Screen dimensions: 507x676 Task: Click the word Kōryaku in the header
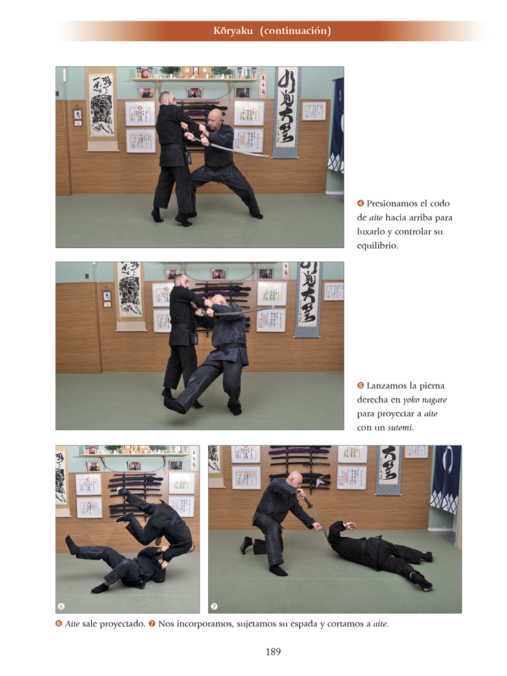[233, 31]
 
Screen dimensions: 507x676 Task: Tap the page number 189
[273, 652]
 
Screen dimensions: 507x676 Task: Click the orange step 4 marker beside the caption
[360, 203]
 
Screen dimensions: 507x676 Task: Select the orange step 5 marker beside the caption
[360, 385]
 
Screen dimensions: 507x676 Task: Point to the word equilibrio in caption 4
[377, 245]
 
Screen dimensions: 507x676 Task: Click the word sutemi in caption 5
[399, 428]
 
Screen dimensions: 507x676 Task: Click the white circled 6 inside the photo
[61, 606]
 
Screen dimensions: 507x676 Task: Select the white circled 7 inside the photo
[214, 606]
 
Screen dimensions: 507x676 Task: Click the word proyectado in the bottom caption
[123, 624]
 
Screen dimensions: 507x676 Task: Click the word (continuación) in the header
[295, 31]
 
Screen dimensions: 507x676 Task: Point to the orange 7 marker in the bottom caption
[152, 623]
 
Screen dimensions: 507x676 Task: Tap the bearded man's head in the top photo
[167, 98]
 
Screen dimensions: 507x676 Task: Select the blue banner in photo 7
[445, 479]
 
